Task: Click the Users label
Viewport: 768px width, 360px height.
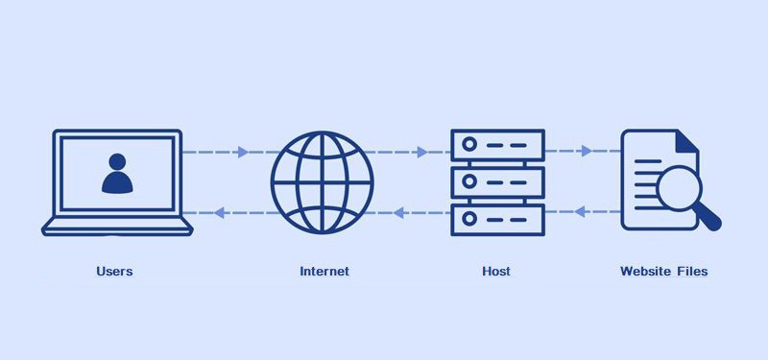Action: (114, 272)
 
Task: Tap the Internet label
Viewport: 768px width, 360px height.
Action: (324, 272)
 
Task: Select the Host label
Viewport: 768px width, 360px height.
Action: (496, 272)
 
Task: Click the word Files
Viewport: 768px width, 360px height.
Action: (692, 272)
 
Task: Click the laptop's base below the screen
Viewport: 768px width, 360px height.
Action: (118, 227)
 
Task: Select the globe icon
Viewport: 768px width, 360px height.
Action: (322, 180)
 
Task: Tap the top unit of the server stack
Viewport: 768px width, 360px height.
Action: (497, 145)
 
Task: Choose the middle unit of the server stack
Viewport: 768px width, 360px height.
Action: (497, 180)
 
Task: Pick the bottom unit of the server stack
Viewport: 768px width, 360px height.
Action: (497, 218)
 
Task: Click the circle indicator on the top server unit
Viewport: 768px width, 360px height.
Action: (469, 145)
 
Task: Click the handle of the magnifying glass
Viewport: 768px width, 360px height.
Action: (710, 220)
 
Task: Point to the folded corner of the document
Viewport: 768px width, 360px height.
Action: (685, 142)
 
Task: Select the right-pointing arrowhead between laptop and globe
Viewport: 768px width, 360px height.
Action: (243, 152)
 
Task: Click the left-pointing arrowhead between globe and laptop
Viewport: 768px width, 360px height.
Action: (219, 212)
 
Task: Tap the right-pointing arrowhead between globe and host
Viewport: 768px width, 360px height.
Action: (422, 152)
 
